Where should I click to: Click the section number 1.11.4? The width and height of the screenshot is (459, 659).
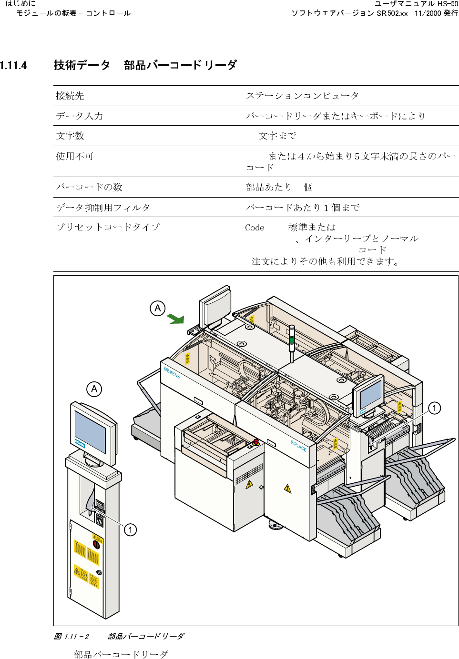coord(13,65)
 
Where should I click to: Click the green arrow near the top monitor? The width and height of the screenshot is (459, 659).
coord(176,319)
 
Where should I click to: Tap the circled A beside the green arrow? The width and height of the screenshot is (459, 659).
coord(158,309)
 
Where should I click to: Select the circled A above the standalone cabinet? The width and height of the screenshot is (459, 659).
coord(94,389)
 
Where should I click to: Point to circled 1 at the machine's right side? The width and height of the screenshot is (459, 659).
coord(434,408)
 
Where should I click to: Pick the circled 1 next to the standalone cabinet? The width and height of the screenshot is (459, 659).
coord(130,530)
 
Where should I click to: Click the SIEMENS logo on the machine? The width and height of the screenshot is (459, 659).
coord(172,372)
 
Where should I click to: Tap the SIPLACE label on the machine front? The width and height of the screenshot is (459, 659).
coord(298,446)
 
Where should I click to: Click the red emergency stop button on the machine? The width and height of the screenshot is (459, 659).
coord(256,442)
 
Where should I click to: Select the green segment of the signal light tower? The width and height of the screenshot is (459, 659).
coord(292,340)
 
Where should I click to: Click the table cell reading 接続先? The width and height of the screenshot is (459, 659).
coord(70,96)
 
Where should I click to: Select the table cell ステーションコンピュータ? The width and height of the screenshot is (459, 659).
coord(302,96)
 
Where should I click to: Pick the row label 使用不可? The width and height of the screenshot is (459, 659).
coord(75,156)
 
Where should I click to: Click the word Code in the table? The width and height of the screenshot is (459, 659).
coord(255,228)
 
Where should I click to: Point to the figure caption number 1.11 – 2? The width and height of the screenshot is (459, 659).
coord(76,636)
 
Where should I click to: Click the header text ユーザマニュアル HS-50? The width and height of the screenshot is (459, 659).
coord(416,4)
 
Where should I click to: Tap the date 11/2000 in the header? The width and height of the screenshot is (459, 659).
coord(428,13)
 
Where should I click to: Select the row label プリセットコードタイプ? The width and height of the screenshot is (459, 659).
coord(108,227)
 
